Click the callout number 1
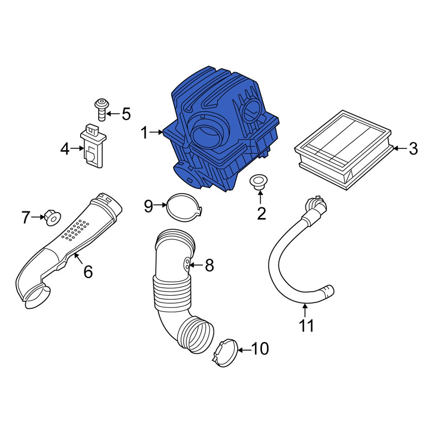(144, 133)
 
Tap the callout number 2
(261, 213)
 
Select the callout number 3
(413, 149)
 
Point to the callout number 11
(307, 326)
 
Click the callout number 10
(260, 349)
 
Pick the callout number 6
(87, 272)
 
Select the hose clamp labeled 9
(184, 208)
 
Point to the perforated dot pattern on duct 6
(76, 229)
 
